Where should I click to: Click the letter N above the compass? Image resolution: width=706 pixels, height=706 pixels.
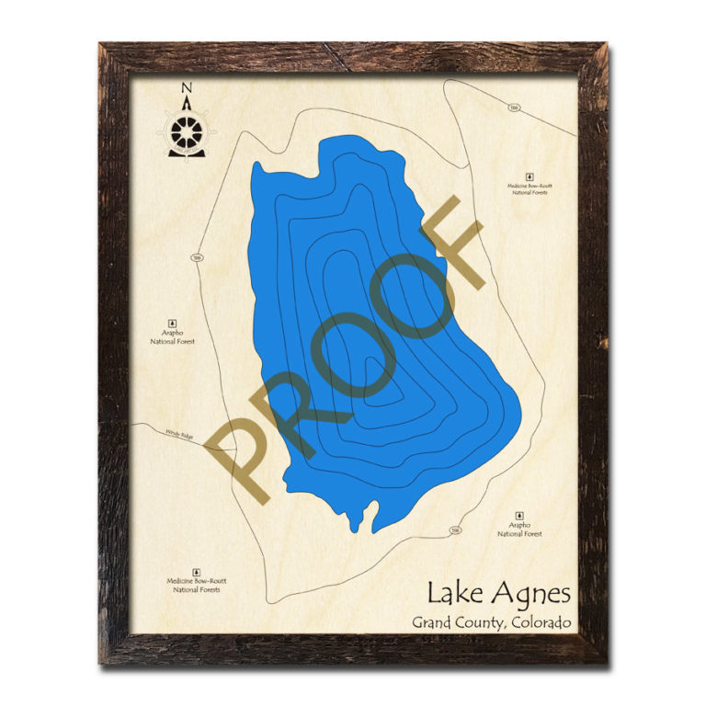(x=187, y=88)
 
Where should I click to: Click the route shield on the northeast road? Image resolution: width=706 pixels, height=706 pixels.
(x=515, y=108)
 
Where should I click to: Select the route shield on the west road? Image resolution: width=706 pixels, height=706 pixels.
(x=198, y=258)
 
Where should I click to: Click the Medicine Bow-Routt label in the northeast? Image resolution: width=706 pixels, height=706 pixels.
(x=529, y=189)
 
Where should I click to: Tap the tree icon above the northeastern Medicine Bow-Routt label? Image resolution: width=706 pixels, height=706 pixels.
(x=529, y=175)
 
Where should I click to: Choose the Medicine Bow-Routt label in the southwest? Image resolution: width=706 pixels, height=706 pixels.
(x=197, y=585)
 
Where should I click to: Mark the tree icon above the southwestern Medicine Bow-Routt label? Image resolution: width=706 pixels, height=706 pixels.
(x=197, y=570)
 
